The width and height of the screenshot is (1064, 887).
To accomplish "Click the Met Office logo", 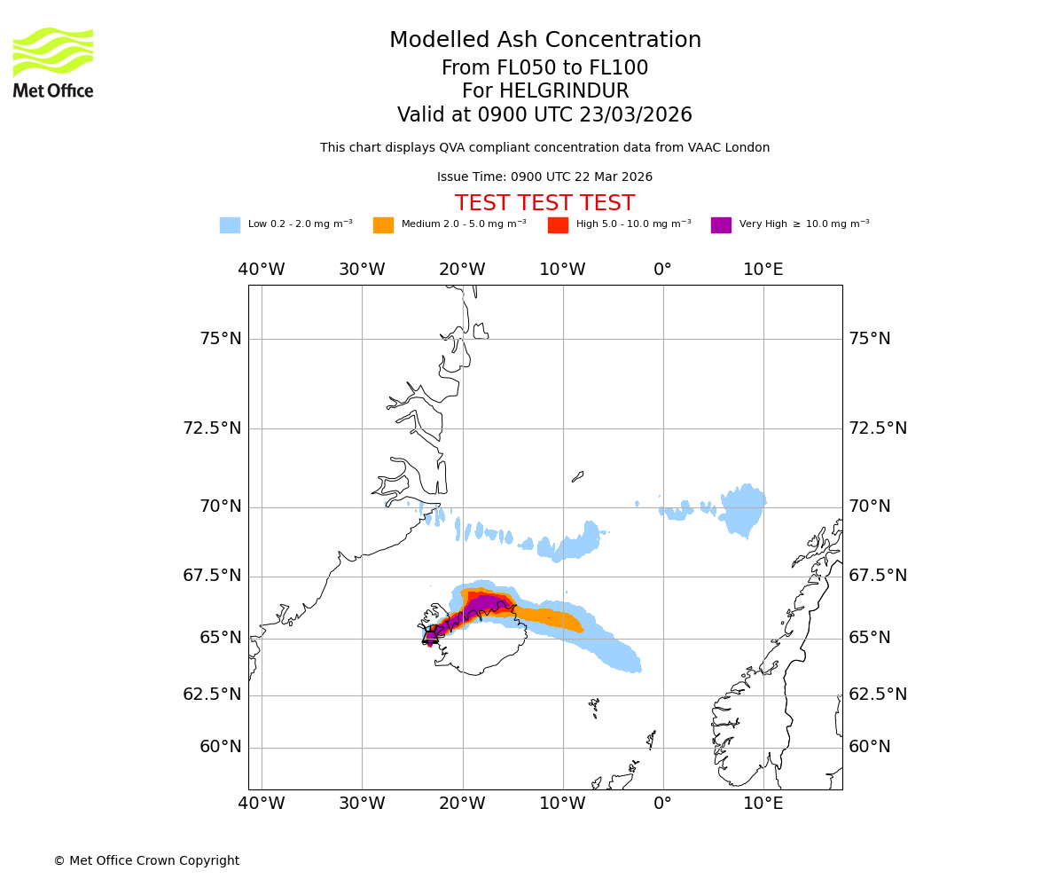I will point(53,62).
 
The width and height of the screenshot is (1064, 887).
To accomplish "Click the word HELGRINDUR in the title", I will point(564,91).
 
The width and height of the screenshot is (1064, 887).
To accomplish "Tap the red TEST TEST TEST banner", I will point(544,203).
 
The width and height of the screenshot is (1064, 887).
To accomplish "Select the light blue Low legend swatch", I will point(230,225).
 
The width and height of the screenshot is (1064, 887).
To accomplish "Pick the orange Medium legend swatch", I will point(383,225).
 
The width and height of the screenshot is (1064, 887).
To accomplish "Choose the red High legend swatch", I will point(558,225).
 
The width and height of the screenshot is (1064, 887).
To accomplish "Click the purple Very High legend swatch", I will point(721,225).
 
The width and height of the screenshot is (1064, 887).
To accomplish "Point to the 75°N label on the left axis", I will point(220,339).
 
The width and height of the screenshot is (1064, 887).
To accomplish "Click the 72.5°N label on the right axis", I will point(878,428).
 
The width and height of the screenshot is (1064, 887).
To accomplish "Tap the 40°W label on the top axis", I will point(262,270).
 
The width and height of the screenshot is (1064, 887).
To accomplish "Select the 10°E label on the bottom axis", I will point(763,804).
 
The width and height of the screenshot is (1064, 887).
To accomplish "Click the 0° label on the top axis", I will point(662,270).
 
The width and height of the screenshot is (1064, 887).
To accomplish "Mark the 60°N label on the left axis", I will point(220,747).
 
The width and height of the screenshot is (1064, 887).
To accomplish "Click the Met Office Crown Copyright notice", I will point(146,860).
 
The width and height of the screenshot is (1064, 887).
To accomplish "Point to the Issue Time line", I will point(544,177).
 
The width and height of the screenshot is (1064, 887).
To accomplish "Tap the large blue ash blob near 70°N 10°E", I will point(743,510).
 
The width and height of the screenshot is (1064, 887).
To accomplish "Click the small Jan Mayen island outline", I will point(578,476).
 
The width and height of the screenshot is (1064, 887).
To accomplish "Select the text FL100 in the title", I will point(620,68).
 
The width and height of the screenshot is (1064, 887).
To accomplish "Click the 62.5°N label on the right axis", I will point(878,695).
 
